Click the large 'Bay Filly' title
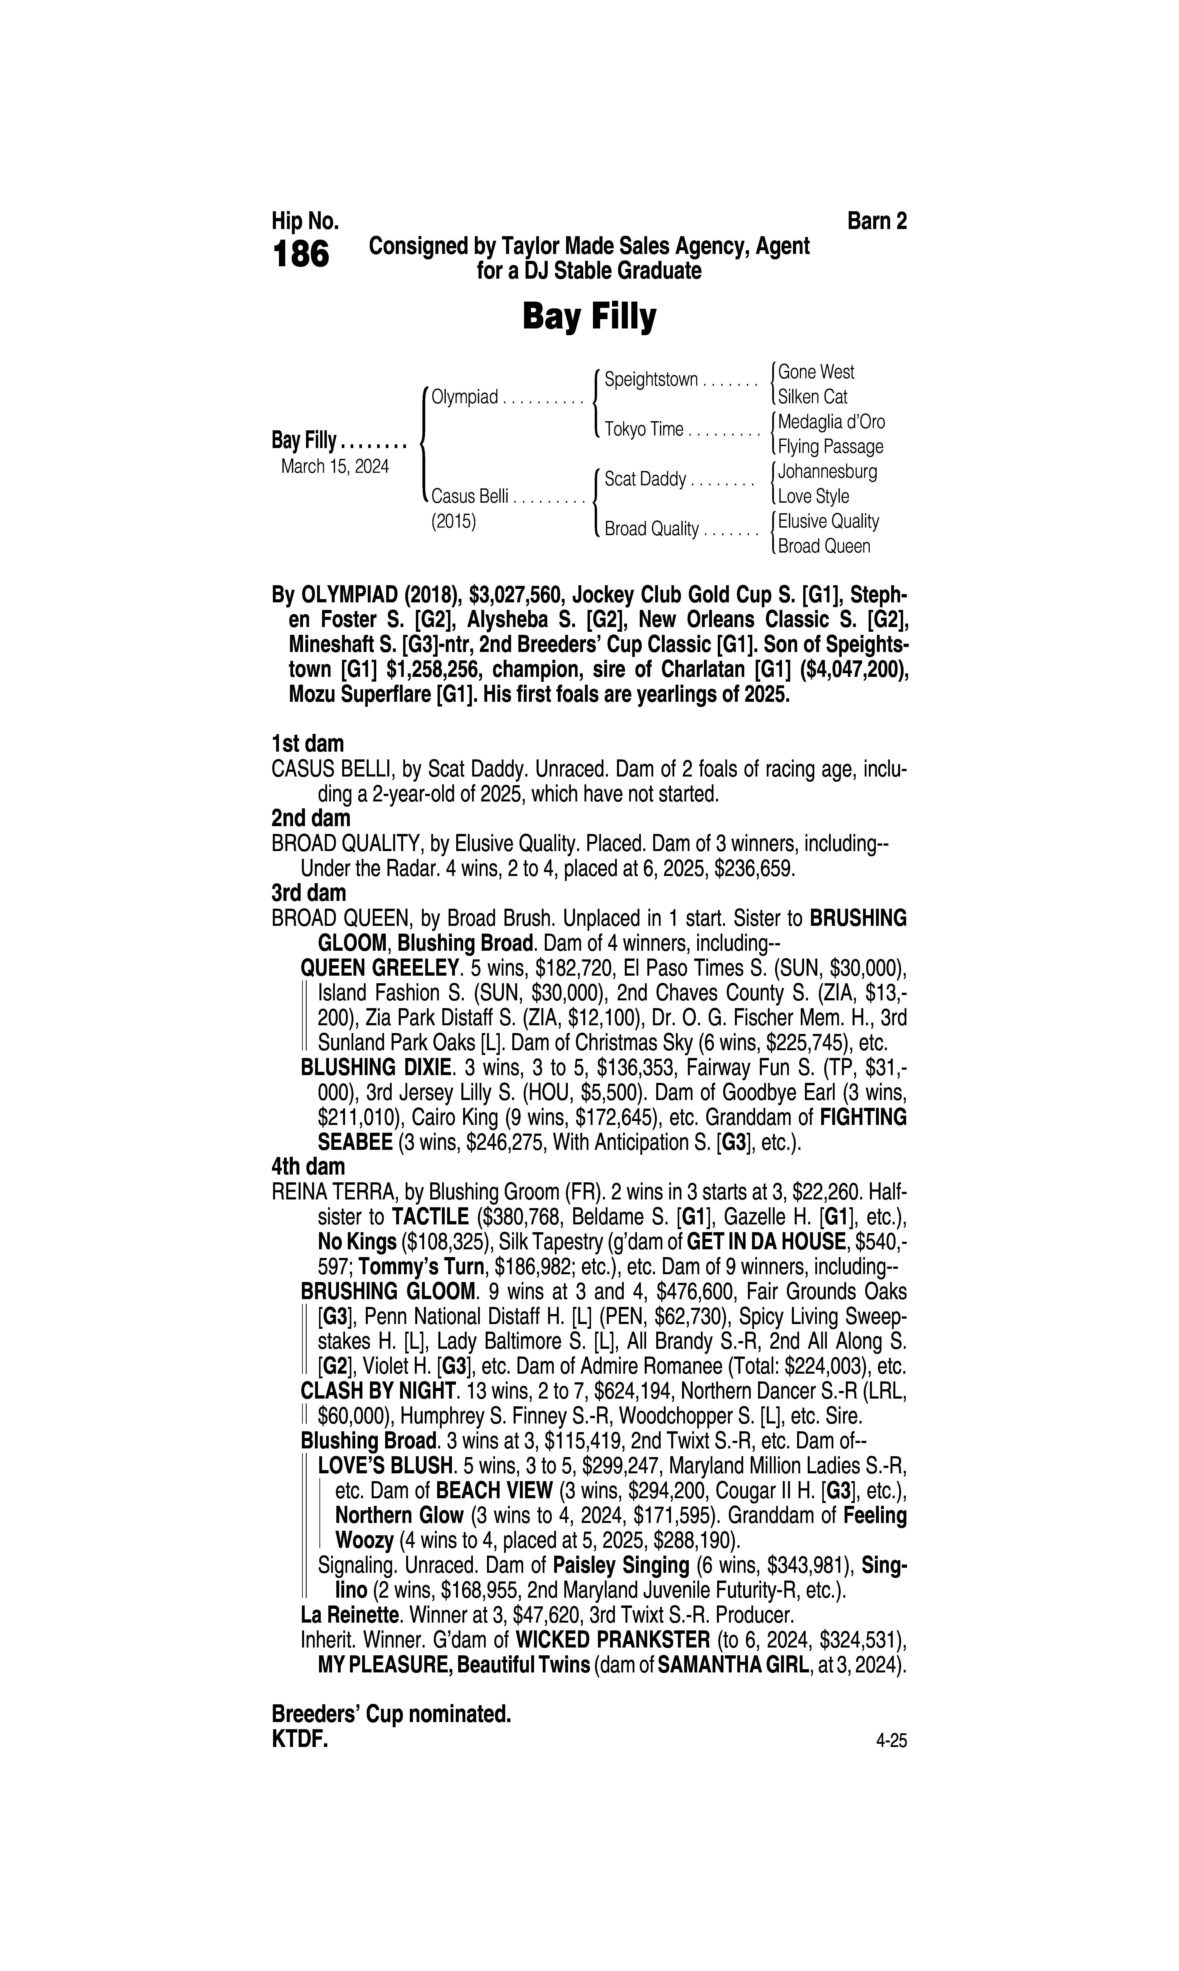(x=589, y=317)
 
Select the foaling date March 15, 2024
(x=334, y=466)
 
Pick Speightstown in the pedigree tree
(x=651, y=380)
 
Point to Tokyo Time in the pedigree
(x=643, y=430)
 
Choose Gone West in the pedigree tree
(x=816, y=372)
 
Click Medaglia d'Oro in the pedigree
(x=831, y=422)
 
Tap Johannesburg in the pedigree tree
(x=827, y=472)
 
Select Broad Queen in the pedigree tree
(x=824, y=546)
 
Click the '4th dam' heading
(x=308, y=1167)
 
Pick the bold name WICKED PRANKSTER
(x=612, y=1639)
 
